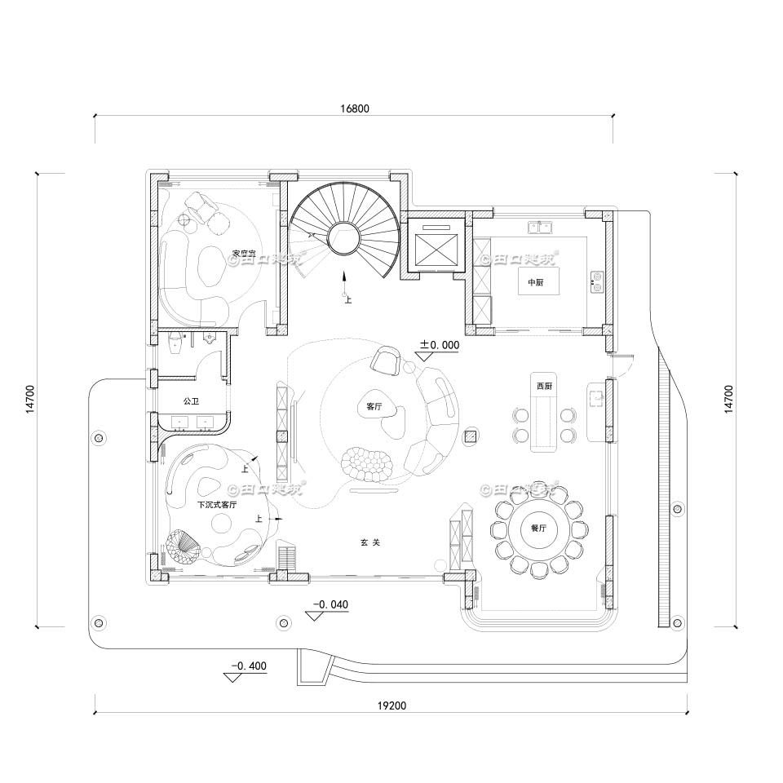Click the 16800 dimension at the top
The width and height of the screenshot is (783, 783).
[353, 108]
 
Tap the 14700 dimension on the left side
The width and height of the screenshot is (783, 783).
[30, 400]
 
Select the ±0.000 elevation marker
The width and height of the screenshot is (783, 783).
[439, 346]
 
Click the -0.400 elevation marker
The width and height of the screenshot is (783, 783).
[247, 666]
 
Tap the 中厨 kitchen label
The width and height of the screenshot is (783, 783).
[535, 282]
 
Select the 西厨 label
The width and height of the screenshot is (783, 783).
[544, 385]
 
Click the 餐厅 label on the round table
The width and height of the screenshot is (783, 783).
[538, 528]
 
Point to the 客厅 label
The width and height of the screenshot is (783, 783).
[374, 405]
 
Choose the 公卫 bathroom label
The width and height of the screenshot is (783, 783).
[191, 401]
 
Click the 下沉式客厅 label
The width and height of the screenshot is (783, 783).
[217, 505]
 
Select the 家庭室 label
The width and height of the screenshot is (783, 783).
[244, 254]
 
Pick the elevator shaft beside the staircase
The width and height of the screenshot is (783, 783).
[433, 245]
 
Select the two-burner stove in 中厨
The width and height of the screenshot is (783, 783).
[597, 281]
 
